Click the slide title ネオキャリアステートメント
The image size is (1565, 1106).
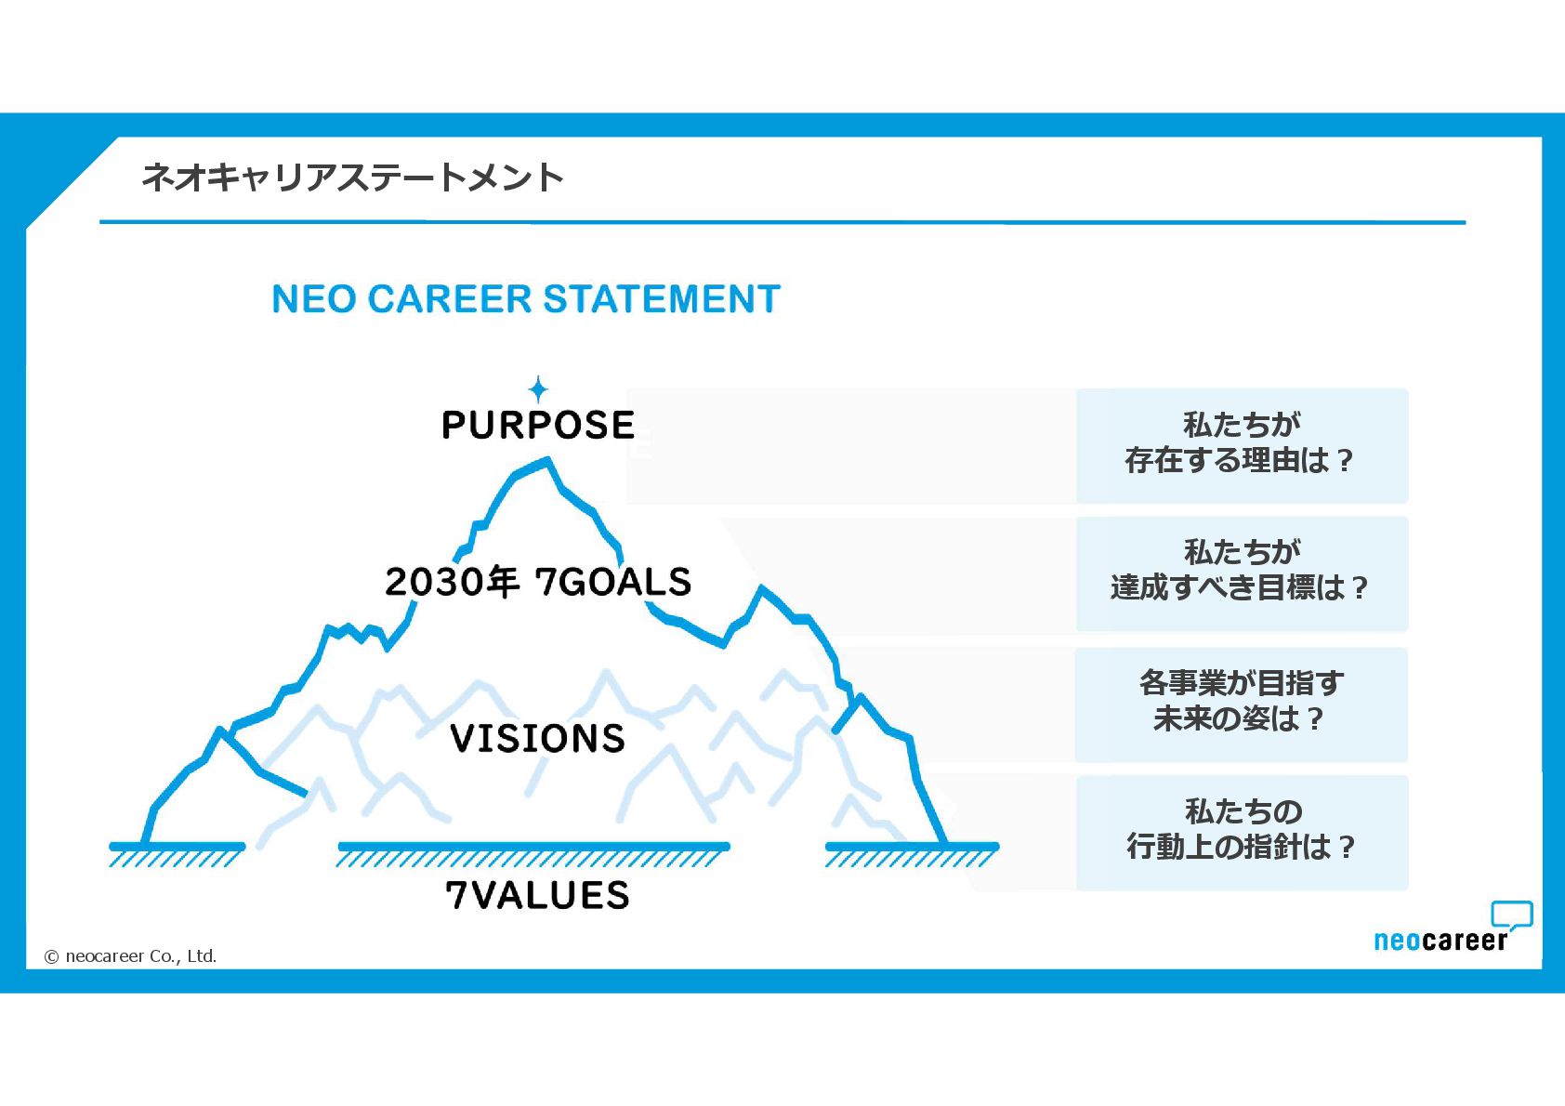click(352, 177)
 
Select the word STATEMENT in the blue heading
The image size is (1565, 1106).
click(661, 299)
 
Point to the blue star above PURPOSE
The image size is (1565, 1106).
click(538, 388)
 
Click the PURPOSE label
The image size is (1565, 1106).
click(538, 426)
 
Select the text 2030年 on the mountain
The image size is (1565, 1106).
click(452, 582)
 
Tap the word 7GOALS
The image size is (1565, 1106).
click(613, 582)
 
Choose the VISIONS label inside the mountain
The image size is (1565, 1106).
click(537, 739)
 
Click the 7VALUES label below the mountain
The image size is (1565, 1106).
click(537, 895)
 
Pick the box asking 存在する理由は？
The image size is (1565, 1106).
click(1242, 446)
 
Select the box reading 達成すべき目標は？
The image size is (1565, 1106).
click(1242, 573)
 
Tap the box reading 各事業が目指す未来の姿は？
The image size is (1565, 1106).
click(1242, 704)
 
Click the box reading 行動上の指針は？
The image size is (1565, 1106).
click(1242, 832)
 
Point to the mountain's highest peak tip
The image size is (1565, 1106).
click(547, 459)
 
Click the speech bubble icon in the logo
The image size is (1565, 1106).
click(1511, 915)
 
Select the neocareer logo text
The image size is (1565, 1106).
click(1440, 941)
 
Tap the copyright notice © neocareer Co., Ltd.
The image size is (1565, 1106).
click(131, 956)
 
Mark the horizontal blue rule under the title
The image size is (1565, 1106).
click(782, 223)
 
